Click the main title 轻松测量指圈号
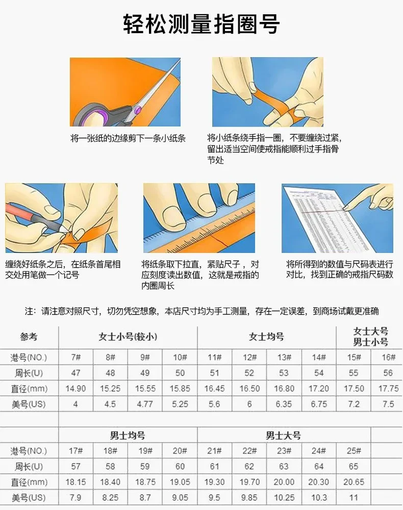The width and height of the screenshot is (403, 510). (202, 24)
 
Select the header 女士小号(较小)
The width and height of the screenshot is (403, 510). (128, 337)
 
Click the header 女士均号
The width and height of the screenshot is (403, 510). (266, 337)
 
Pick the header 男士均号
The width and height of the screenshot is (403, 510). (128, 436)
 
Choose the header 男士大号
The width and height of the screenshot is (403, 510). (283, 436)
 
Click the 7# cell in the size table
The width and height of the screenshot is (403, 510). (76, 358)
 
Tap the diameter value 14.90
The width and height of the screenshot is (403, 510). (76, 389)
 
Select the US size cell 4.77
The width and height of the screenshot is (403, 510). (145, 404)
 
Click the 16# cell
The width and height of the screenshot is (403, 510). (388, 358)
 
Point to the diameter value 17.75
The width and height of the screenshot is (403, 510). (388, 389)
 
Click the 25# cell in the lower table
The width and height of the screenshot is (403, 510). (354, 451)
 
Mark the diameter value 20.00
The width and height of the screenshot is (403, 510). (284, 482)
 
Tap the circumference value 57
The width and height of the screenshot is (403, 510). (76, 467)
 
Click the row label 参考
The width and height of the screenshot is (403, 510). (29, 337)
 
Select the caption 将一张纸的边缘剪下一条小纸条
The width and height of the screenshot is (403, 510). (128, 138)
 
